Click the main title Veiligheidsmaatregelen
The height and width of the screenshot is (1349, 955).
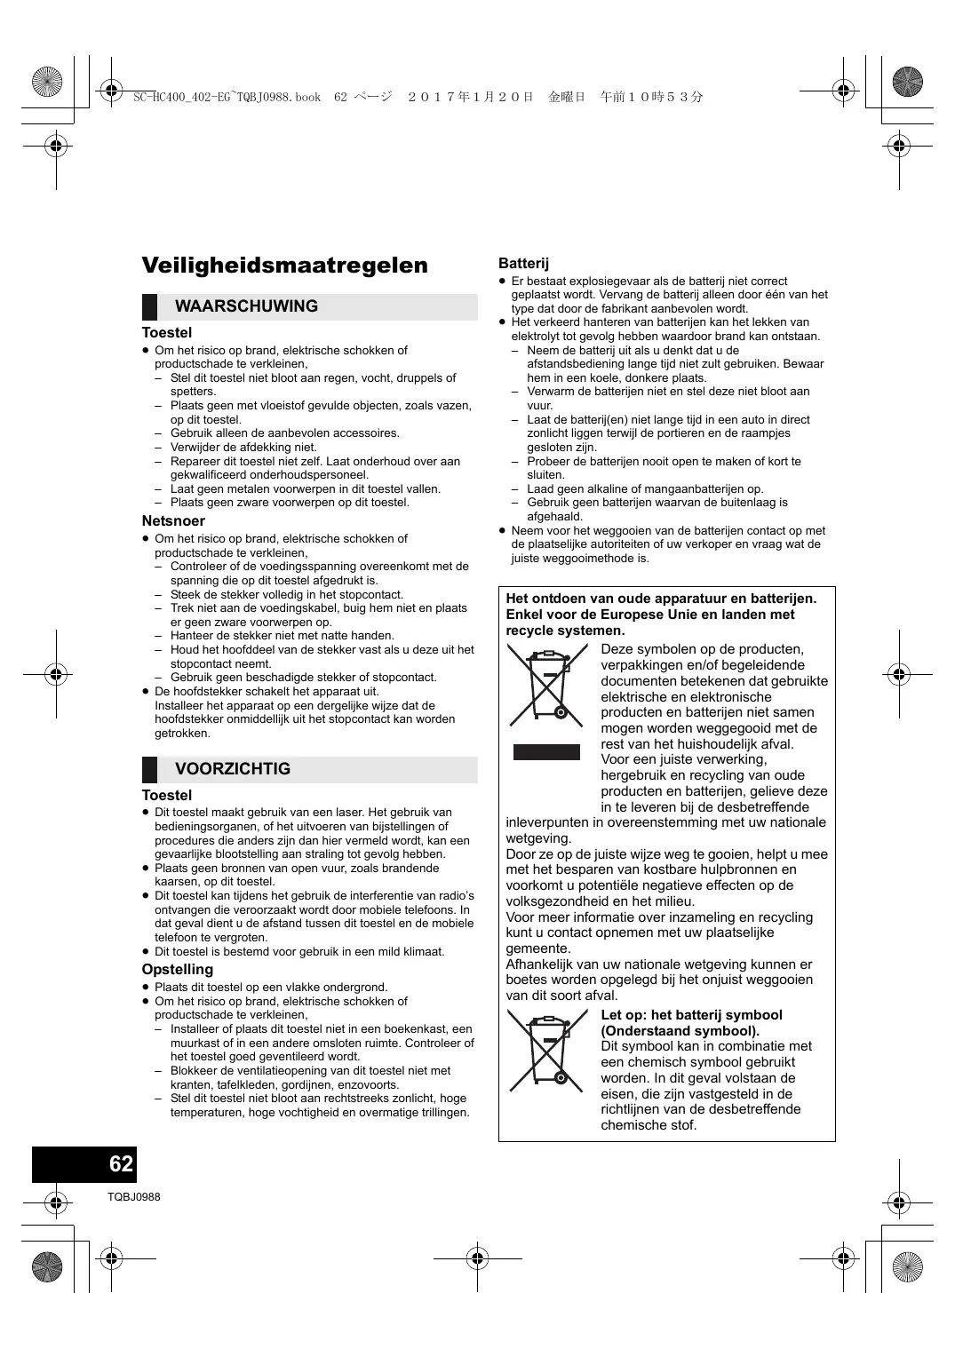(284, 265)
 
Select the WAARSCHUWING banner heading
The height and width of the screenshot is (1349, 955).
(246, 306)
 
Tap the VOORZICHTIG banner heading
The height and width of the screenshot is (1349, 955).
(233, 769)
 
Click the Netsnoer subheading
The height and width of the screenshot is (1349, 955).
(173, 521)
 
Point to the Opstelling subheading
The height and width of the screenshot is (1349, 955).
(178, 970)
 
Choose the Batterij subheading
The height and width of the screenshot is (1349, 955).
(524, 263)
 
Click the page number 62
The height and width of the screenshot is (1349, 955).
(121, 1164)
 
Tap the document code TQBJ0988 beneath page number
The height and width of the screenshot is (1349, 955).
(134, 1197)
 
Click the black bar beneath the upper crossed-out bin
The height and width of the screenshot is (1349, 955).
(546, 752)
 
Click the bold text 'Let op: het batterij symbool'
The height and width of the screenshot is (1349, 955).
(691, 1015)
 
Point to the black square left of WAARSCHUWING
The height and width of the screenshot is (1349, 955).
(149, 306)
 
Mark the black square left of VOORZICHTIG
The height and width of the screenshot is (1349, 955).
(149, 769)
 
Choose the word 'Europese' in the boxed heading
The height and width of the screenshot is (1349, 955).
(635, 615)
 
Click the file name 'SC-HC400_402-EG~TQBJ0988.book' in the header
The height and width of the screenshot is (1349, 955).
(227, 97)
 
